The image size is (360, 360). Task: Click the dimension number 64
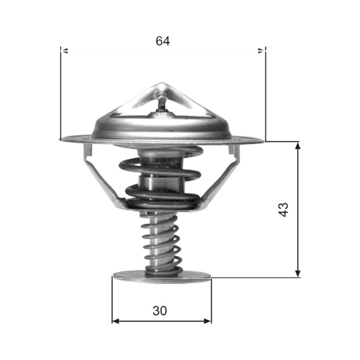(162, 41)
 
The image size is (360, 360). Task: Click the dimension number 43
(283, 210)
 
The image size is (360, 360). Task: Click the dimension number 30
(160, 310)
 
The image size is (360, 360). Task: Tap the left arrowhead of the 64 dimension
(64, 51)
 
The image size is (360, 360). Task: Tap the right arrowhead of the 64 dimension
(262, 51)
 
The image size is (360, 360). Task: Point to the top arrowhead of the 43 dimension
(297, 145)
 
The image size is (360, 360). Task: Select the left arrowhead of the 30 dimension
(116, 321)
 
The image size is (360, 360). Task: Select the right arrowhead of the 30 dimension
(207, 321)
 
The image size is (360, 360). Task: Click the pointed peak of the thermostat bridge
(161, 83)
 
